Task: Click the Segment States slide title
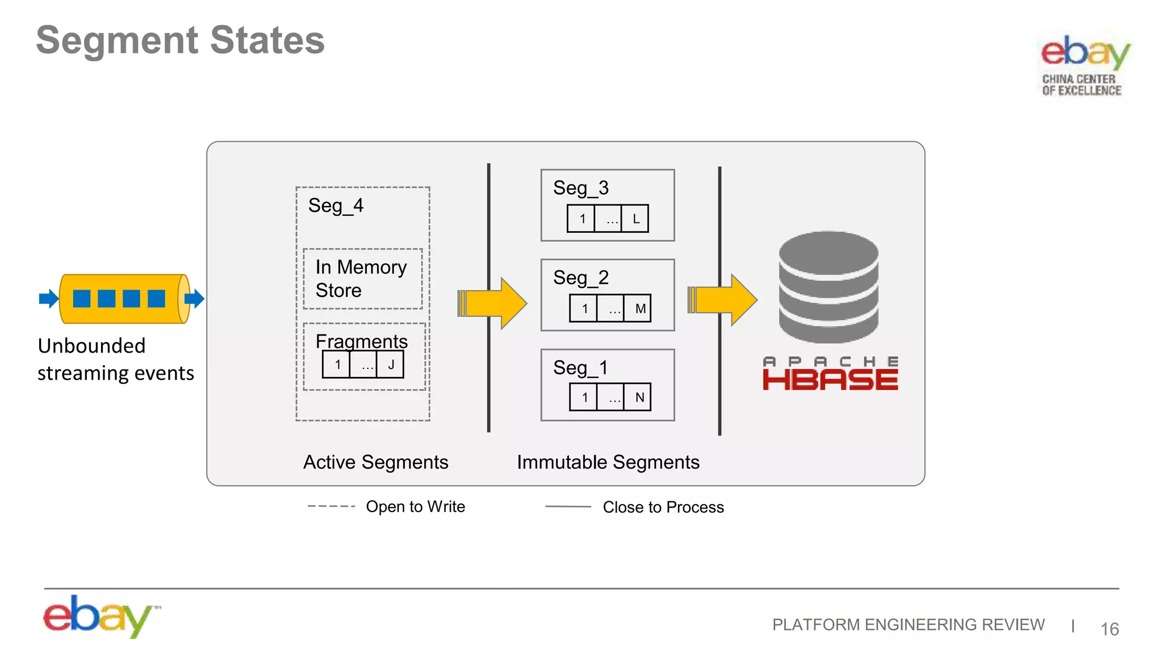180,40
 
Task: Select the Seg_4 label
336,206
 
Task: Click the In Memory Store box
362,279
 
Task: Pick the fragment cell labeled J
391,364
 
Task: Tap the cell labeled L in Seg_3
635,219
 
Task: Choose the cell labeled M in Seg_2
639,309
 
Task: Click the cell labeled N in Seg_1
639,397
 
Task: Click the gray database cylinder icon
829,287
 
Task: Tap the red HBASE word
830,380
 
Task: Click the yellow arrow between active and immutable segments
493,303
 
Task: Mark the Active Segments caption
375,462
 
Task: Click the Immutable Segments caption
608,462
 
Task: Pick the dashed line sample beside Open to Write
331,506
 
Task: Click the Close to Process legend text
663,507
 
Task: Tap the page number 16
1109,629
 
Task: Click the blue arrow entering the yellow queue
49,299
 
